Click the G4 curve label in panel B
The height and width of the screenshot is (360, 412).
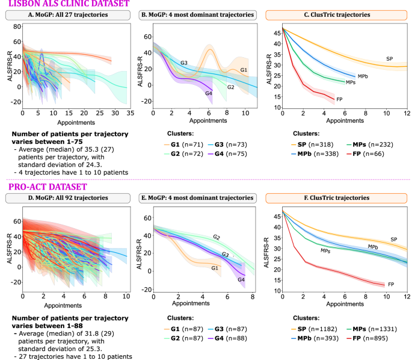pos(208,93)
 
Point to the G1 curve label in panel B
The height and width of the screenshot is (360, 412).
pos(244,70)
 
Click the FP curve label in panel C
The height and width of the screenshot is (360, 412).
pos(340,99)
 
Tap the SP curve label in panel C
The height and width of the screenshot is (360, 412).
pos(389,58)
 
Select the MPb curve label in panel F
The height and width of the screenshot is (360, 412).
pos(373,247)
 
